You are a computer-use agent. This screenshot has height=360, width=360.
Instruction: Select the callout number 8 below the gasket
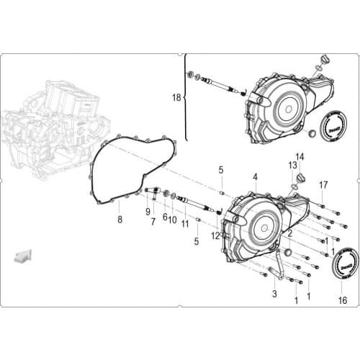tap(120, 219)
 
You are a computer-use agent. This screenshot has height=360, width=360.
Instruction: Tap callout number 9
tap(148, 211)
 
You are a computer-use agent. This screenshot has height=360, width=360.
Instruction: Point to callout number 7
tap(153, 221)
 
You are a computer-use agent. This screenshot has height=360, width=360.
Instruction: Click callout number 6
tap(164, 217)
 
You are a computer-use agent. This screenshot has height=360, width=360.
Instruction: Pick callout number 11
tap(185, 224)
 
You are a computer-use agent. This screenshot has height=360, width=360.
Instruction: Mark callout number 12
tap(215, 235)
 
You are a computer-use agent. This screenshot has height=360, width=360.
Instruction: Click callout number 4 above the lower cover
tap(255, 176)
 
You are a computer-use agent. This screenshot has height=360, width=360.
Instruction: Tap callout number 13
tap(293, 165)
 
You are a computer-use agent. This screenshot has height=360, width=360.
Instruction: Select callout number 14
tap(300, 156)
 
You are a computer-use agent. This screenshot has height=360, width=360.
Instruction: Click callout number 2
tap(289, 233)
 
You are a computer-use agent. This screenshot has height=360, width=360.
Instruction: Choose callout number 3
tap(274, 294)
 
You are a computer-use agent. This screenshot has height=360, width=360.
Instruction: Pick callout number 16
tap(343, 300)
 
